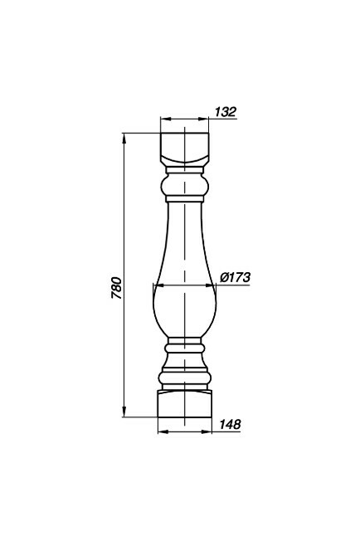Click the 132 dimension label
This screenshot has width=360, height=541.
(x=226, y=112)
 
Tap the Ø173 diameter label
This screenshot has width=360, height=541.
(x=235, y=277)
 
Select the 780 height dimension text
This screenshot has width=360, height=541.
(x=117, y=287)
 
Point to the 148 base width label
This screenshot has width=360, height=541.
(x=230, y=424)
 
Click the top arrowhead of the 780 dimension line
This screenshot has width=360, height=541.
(x=124, y=138)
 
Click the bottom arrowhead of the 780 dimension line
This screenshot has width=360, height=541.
(x=124, y=412)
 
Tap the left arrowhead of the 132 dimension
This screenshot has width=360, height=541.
(x=166, y=119)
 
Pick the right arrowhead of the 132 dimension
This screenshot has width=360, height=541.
(x=204, y=119)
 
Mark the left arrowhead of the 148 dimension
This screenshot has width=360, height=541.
(x=163, y=431)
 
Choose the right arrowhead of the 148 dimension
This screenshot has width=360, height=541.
(x=207, y=431)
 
